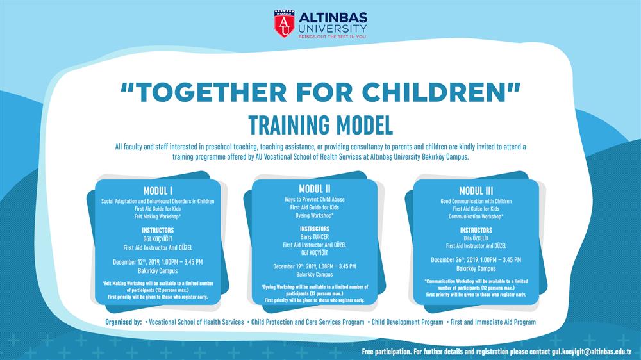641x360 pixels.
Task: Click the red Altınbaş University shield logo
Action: click(x=284, y=24)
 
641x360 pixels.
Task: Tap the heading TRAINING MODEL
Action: click(x=320, y=125)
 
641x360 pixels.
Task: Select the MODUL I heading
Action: click(x=158, y=191)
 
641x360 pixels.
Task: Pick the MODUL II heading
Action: click(x=314, y=189)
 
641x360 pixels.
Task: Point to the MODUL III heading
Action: click(x=476, y=191)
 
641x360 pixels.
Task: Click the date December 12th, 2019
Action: click(x=136, y=262)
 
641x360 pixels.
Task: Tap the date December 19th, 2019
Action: click(x=295, y=266)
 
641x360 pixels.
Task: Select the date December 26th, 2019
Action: click(x=454, y=259)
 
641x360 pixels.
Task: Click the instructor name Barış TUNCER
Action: click(x=314, y=236)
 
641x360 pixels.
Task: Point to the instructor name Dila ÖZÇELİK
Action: click(x=476, y=238)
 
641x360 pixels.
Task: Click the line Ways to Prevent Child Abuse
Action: click(x=314, y=199)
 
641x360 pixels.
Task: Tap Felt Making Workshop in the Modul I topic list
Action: click(x=158, y=216)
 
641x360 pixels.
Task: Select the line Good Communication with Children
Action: click(x=476, y=201)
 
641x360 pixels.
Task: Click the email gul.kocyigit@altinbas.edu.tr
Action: click(x=592, y=352)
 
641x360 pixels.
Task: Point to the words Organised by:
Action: click(x=124, y=322)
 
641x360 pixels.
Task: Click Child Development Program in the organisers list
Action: click(x=407, y=322)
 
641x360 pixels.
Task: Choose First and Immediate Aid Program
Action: click(x=493, y=322)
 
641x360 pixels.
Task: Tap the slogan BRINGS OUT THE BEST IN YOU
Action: click(x=332, y=37)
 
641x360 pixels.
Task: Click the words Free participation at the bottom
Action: click(x=387, y=352)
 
